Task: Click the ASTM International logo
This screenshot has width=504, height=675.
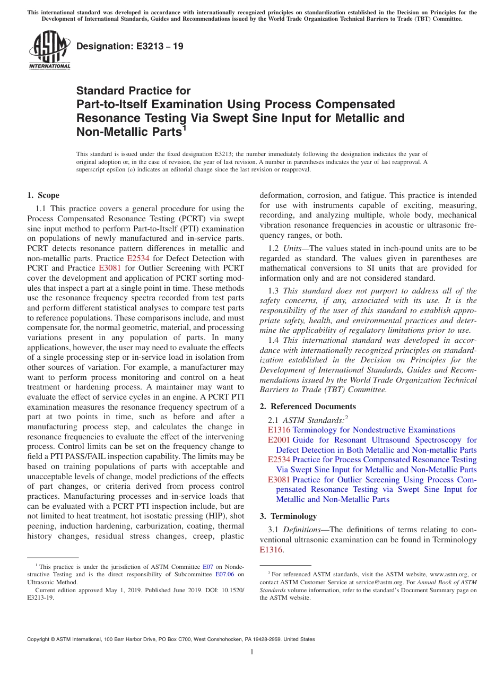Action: coord(49,50)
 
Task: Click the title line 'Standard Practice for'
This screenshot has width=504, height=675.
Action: coord(133,91)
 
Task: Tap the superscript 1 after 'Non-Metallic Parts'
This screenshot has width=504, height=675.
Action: coord(184,127)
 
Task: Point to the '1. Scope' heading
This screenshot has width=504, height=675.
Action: coord(43,195)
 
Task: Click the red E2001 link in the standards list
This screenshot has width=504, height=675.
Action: coord(279,440)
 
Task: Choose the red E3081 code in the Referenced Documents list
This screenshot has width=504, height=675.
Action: coord(279,480)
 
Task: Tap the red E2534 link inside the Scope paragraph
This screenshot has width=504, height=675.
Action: coord(138,258)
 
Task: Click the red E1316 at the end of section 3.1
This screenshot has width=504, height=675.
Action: coord(271,550)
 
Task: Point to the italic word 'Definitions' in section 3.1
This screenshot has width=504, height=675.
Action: coord(301,530)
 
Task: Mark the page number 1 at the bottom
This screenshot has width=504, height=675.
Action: coord(252,652)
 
